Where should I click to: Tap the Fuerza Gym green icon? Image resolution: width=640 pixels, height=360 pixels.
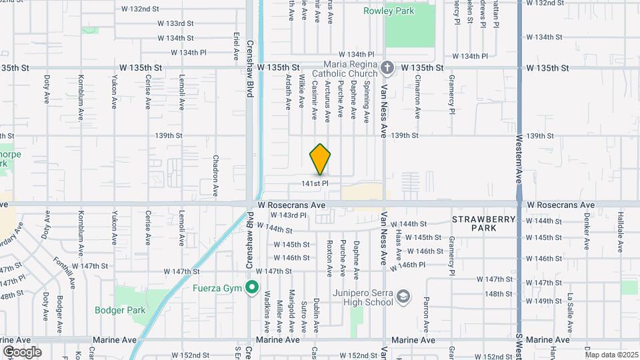coord(251,288)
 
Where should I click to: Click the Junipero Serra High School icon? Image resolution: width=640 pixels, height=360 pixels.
coord(403,296)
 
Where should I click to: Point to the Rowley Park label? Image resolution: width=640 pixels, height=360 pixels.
coord(389,11)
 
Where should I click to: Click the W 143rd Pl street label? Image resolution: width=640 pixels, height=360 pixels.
coord(289,215)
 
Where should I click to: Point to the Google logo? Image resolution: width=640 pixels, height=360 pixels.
coord(22,352)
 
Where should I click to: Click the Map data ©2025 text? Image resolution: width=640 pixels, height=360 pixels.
coord(611,355)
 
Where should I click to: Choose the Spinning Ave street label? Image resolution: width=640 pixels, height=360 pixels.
coord(366,102)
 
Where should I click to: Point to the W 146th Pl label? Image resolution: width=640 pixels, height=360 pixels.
coord(411,265)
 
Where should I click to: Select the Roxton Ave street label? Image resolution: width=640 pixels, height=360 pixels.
coord(329,258)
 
